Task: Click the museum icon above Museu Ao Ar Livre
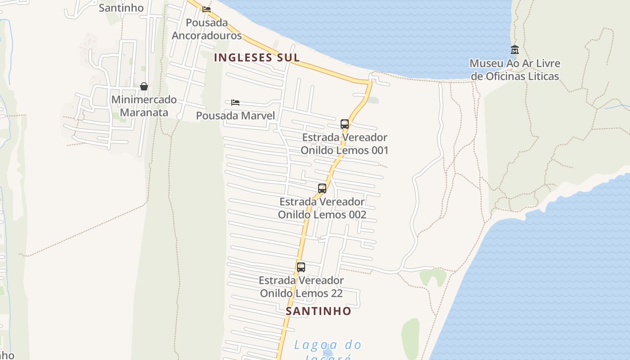[515, 49]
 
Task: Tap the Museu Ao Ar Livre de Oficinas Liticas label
[515, 70]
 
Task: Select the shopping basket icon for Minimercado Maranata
[144, 86]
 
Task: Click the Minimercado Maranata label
[144, 106]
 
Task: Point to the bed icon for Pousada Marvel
[235, 103]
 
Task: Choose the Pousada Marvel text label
[235, 116]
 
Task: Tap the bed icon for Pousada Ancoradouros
[207, 9]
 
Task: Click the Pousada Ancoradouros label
[207, 29]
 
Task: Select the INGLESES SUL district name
[257, 58]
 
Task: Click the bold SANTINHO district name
[319, 311]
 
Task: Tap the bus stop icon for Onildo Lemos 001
[345, 124]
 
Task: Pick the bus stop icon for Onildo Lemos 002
[322, 189]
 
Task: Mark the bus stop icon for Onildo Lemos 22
[301, 267]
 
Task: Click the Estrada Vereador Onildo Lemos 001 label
[344, 144]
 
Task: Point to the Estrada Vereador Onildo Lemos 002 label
[322, 208]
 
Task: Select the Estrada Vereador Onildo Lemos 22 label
[301, 287]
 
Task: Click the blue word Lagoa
[310, 345]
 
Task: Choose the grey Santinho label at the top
[121, 8]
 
